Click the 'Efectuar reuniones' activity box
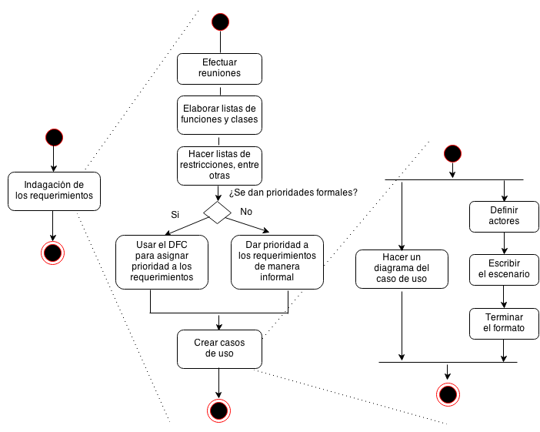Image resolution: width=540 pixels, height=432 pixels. pos(220,68)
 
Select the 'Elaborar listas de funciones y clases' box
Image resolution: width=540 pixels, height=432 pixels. pos(220,114)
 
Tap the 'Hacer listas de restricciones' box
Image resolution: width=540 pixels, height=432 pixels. pos(220,166)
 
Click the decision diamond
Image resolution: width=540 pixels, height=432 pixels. pos(217,211)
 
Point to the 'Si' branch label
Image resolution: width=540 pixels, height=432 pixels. pos(175,213)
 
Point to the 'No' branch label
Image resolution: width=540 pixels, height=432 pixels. pos(246,210)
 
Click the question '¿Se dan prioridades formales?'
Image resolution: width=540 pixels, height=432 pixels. pos(293,192)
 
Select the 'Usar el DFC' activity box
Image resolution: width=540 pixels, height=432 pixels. pos(162,261)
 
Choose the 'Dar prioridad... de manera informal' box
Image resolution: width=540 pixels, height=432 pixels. pos(278,261)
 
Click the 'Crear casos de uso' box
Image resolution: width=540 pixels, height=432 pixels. pos(220,349)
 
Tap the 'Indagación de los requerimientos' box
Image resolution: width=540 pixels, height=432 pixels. pos(54,190)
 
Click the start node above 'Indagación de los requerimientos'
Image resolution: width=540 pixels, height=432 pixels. pos(53,138)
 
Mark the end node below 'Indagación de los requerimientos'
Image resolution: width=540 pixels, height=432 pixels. pos(53,252)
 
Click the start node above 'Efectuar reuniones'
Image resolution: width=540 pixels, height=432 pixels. pos(220,22)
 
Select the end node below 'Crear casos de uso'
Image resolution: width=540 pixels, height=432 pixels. pos(219,411)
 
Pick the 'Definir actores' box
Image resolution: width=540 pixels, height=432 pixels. pos(504,216)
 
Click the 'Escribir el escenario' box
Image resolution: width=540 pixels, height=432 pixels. pos(504,268)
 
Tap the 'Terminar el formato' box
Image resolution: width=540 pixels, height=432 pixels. pos(504,323)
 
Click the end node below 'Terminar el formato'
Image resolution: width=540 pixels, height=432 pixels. pos(448,394)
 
